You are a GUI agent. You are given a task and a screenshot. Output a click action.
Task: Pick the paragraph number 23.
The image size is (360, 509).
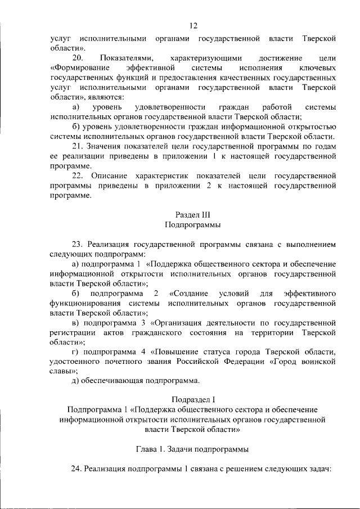(x=78, y=245)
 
